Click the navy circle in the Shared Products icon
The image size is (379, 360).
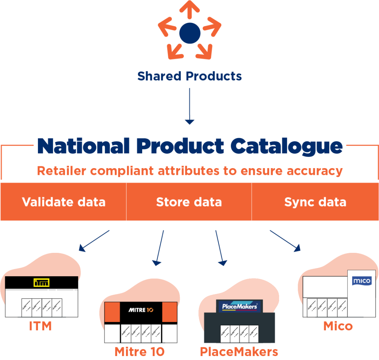189,33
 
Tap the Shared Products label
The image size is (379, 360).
189,76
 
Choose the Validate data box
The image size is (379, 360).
64,202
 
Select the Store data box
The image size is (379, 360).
189,202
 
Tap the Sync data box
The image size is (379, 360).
315,202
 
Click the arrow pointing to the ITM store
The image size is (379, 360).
94,241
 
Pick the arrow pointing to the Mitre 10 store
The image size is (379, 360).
160,248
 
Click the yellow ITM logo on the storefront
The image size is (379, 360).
41,282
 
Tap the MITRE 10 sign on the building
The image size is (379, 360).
141,309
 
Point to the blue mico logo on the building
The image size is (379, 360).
362,280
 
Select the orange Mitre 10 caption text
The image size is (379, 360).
139,351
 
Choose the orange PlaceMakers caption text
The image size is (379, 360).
239,351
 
